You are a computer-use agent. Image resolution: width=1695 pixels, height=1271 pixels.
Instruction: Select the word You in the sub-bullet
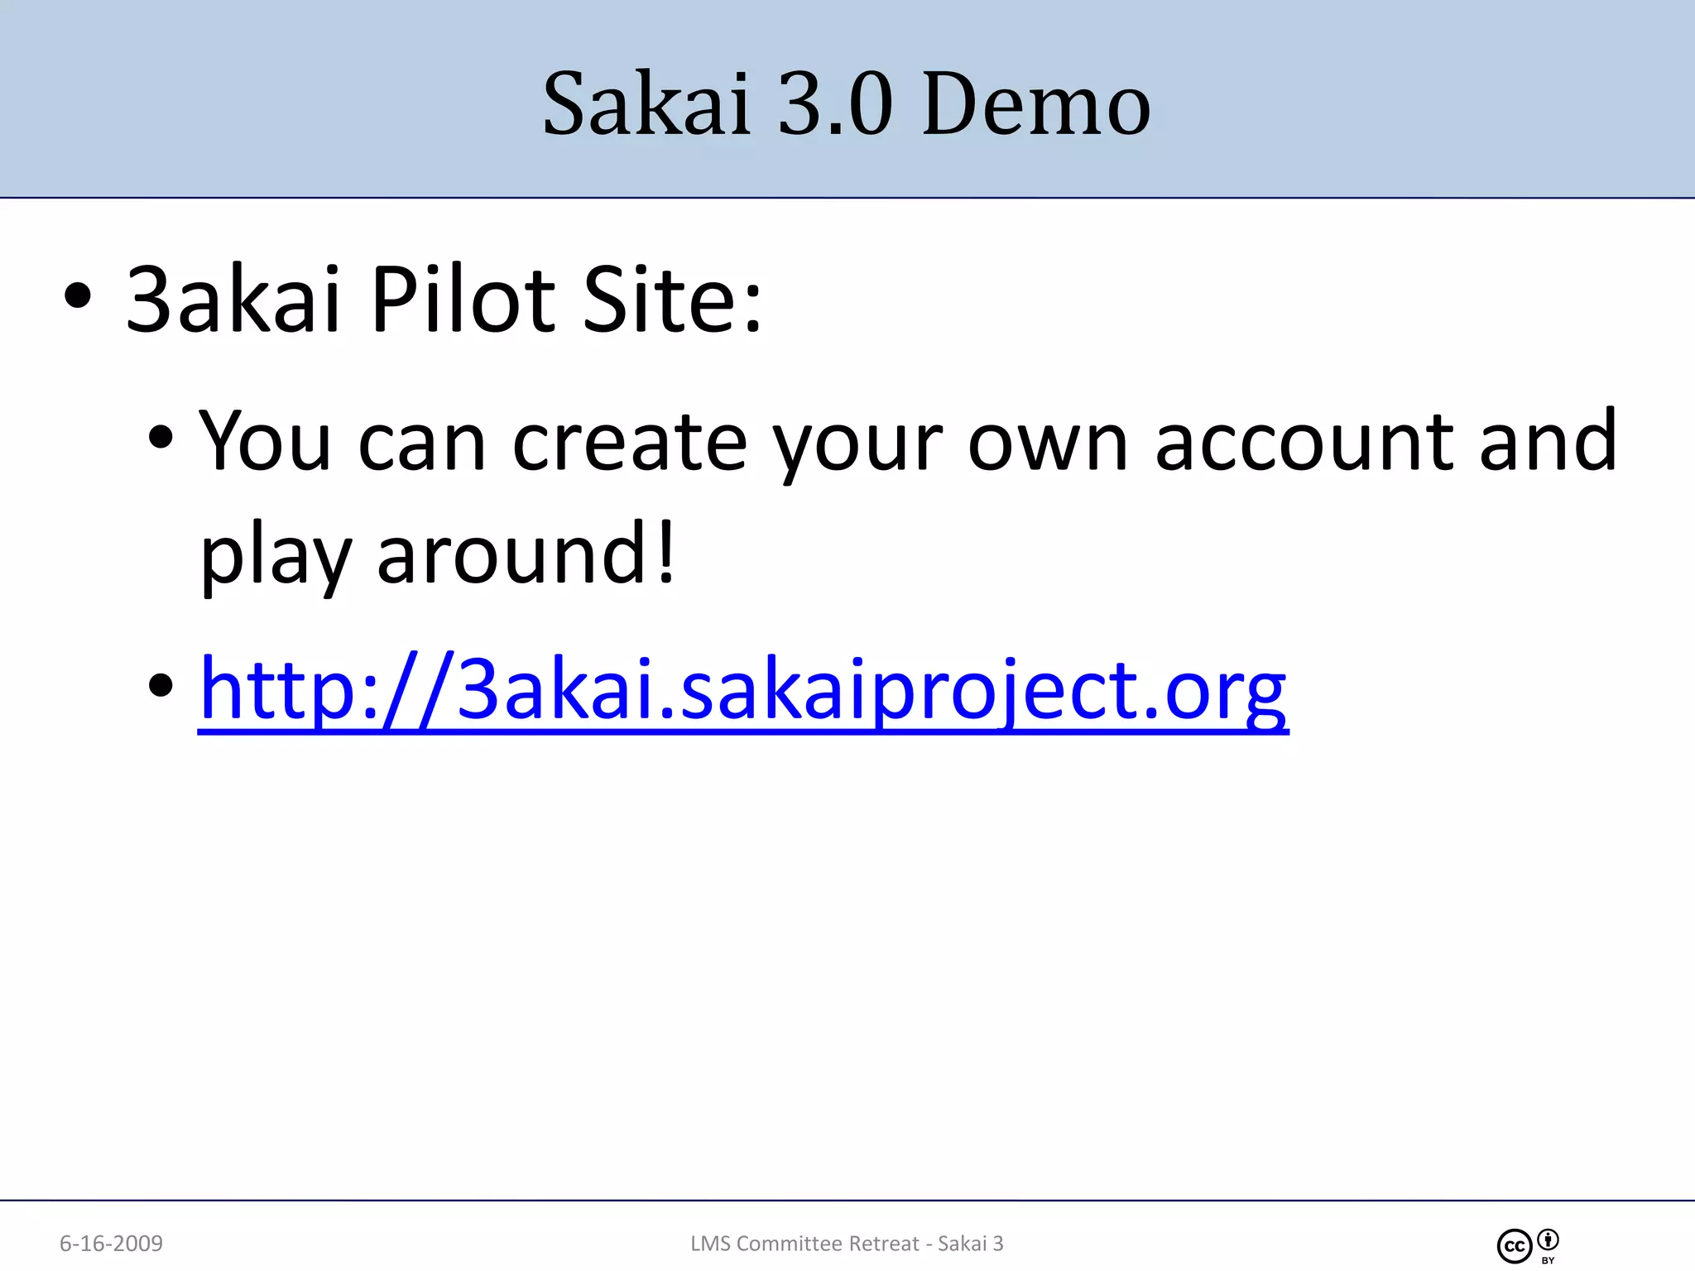[266, 442]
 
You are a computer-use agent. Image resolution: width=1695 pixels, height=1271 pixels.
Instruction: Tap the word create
[630, 442]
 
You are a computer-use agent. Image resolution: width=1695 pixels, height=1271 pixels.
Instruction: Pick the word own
[1048, 442]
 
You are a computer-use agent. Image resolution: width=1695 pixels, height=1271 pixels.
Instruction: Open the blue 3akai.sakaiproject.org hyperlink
[742, 689]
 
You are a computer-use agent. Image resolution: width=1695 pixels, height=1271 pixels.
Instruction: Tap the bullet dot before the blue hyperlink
[161, 685]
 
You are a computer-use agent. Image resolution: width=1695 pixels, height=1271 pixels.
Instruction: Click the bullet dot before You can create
[161, 438]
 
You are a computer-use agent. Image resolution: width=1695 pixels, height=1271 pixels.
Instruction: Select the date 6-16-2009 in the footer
[111, 1243]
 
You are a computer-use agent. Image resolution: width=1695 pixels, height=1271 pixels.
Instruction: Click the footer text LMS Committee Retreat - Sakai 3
[847, 1243]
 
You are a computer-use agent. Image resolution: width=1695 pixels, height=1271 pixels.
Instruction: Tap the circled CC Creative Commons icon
[1515, 1246]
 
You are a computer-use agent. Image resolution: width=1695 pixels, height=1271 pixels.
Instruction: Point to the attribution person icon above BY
[1549, 1240]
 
